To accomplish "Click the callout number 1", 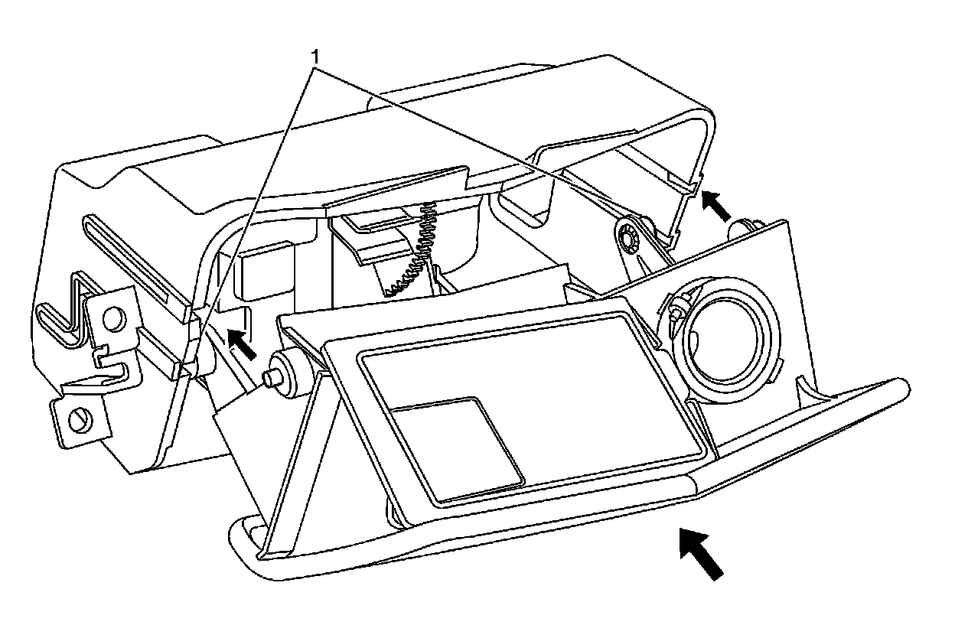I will click(x=314, y=56).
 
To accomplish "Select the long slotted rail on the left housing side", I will click(x=134, y=260).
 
